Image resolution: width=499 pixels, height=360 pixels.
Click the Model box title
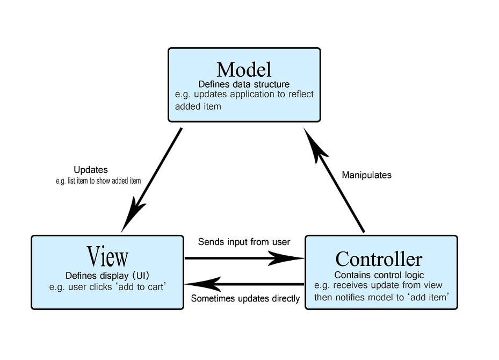tap(244, 69)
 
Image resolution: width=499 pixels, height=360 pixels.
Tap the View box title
tap(107, 256)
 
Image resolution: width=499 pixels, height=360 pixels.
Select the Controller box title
tap(379, 259)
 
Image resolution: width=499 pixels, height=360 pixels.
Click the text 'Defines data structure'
tap(244, 84)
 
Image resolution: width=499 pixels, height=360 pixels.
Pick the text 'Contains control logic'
tap(379, 276)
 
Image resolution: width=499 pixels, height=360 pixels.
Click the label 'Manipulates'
tap(367, 175)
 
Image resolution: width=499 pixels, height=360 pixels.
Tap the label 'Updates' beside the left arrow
tap(91, 170)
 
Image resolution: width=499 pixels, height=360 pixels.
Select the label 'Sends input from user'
tap(244, 242)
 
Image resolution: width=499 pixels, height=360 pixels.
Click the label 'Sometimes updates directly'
tap(245, 298)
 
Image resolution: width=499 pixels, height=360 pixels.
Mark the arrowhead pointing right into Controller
tap(286, 258)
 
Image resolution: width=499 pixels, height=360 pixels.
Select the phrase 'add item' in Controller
tap(428, 297)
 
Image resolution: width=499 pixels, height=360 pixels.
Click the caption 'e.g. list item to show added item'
tap(98, 181)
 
